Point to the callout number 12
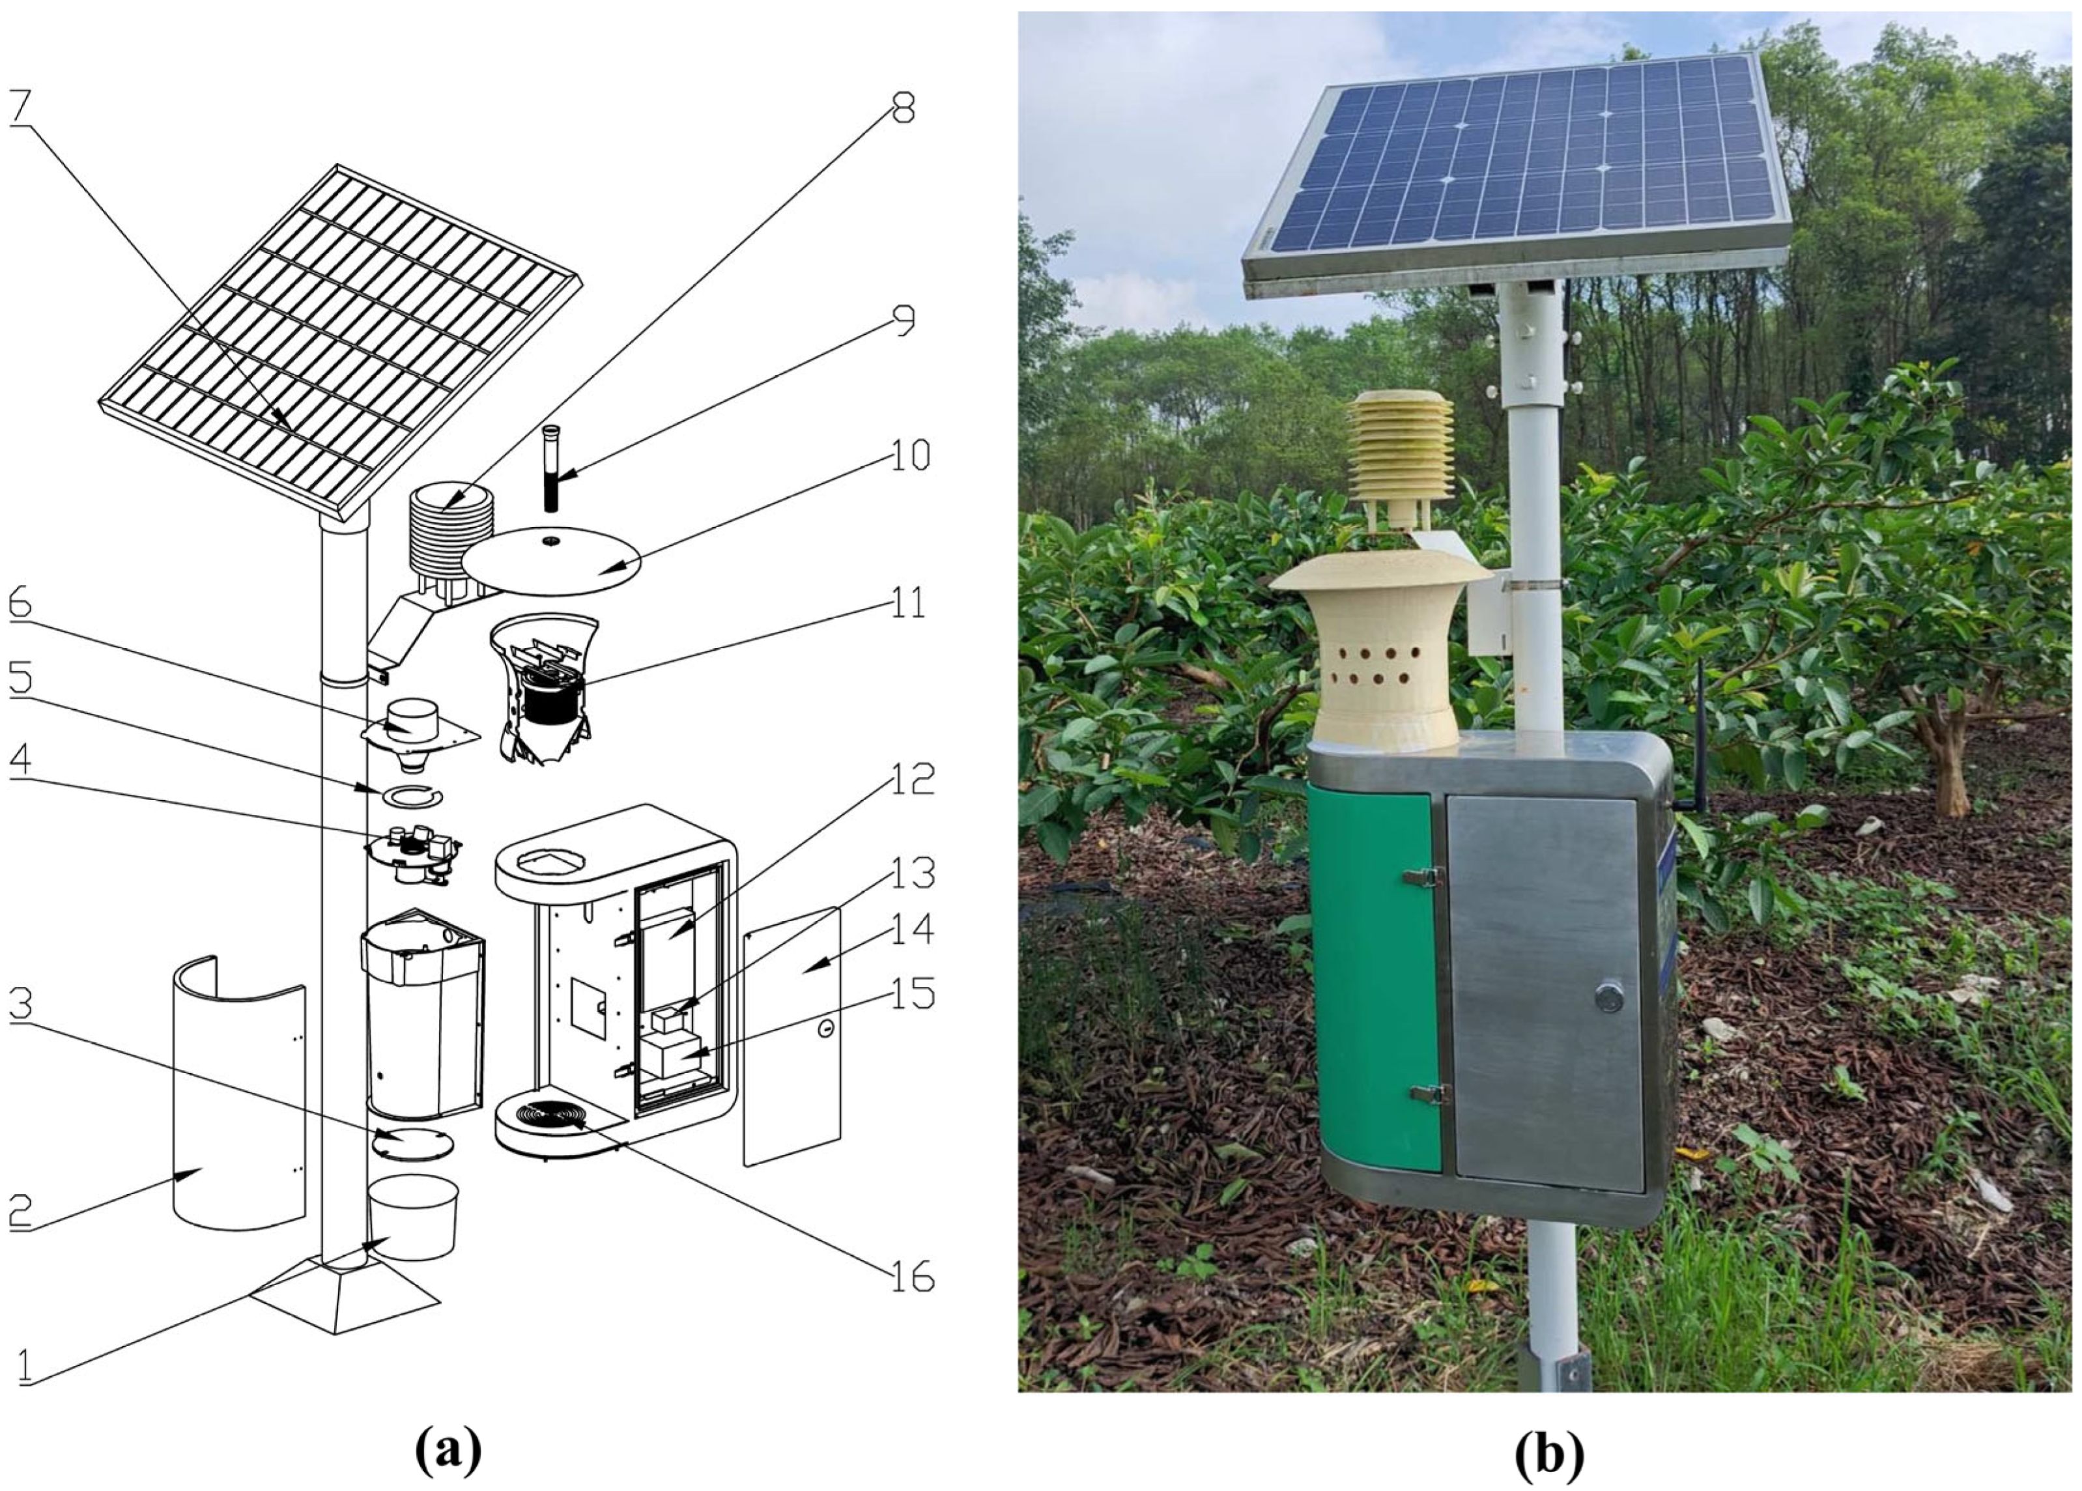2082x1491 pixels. [915, 780]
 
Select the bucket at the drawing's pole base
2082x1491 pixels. [413, 1217]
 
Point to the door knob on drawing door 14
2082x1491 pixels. [826, 1029]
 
